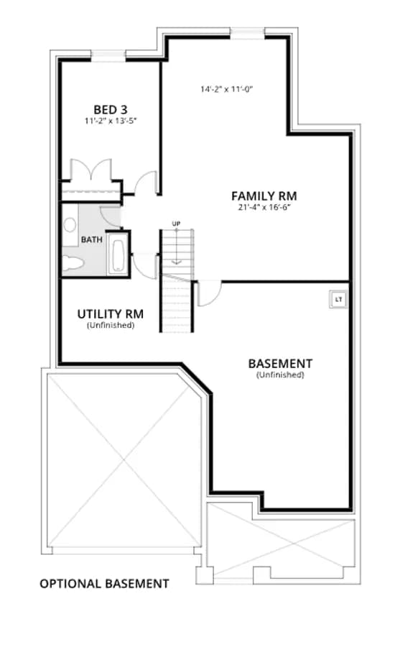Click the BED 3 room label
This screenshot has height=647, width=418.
tap(111, 110)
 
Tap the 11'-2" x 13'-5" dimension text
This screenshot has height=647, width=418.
tap(111, 121)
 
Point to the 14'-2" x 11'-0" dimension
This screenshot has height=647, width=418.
tap(226, 89)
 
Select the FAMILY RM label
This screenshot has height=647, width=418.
tap(264, 196)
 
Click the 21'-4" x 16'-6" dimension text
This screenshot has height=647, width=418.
tap(264, 208)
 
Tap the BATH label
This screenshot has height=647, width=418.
tap(91, 239)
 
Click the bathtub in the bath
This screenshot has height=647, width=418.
tap(118, 257)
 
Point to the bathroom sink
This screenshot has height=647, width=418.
tap(70, 225)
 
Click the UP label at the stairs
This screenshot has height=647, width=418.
tap(176, 224)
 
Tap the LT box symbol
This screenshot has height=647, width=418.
tap(338, 299)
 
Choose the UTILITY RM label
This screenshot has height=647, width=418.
tap(111, 314)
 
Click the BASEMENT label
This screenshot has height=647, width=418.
tap(280, 364)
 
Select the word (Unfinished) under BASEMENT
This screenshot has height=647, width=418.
tap(280, 375)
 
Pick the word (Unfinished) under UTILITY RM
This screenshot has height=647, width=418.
tap(111, 325)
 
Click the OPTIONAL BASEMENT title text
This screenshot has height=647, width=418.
tap(104, 584)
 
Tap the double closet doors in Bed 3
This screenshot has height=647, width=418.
tap(91, 170)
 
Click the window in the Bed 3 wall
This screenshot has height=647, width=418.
tap(108, 56)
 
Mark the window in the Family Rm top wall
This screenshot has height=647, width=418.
tap(247, 33)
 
